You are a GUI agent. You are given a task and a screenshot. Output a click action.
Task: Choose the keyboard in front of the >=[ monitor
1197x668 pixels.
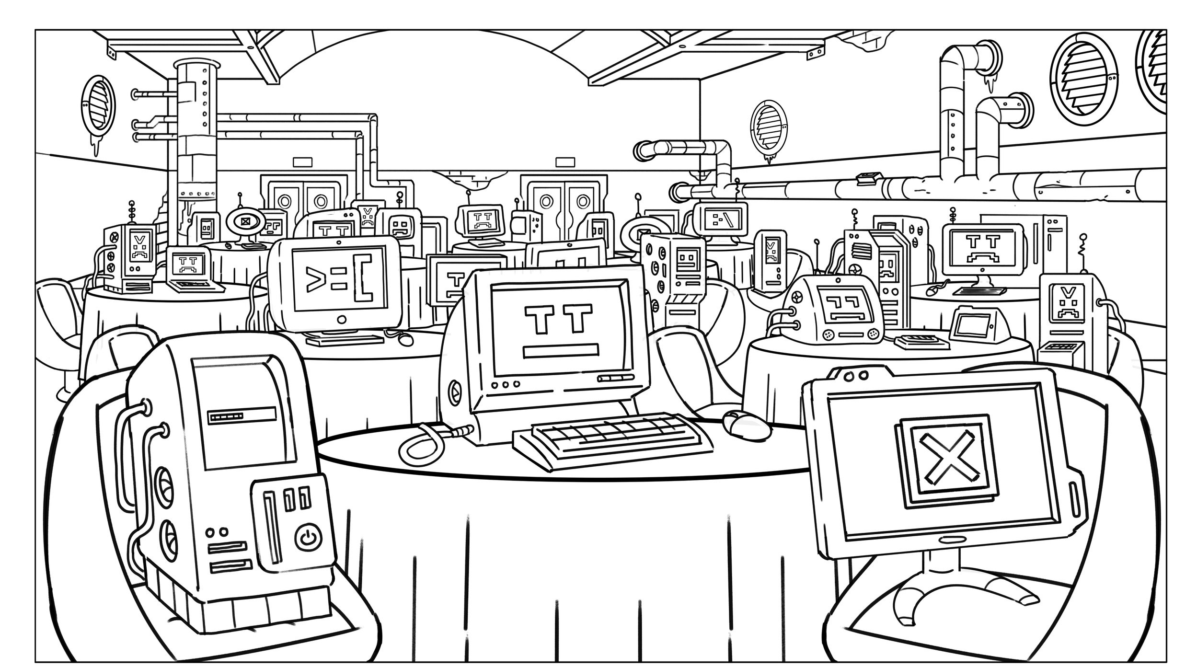pos(345,339)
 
